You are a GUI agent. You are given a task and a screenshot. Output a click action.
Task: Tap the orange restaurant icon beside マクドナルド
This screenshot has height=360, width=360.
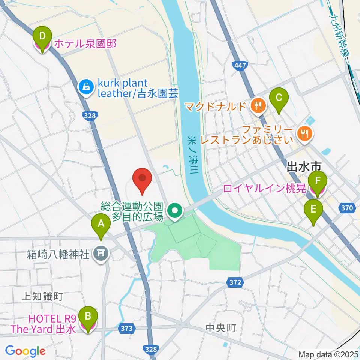coord(258,106)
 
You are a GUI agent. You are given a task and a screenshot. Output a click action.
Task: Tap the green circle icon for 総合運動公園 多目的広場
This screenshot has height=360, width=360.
coord(174,211)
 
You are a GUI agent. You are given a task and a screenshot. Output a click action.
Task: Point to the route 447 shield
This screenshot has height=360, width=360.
coord(240,66)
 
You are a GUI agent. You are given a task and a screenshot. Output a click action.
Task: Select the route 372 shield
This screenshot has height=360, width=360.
coord(235,281)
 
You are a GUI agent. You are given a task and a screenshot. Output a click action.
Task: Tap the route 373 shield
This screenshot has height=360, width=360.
coord(127,328)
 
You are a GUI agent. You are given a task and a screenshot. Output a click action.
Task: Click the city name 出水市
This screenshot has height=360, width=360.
coord(304,167)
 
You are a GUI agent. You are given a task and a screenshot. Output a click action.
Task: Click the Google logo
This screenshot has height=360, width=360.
coord(25,351)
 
